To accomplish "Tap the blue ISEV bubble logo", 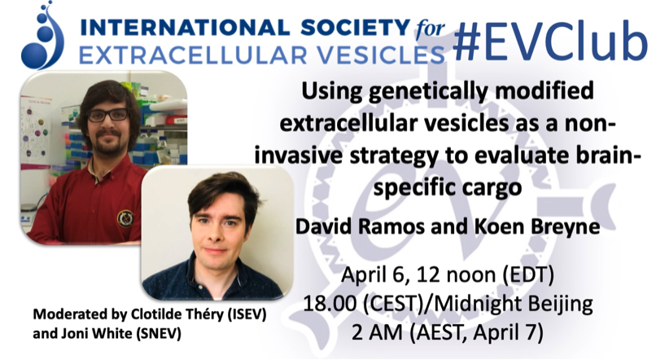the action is (42, 36).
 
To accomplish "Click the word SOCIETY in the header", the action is (355, 28).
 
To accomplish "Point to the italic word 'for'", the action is (430, 29).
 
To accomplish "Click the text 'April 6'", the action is (370, 276).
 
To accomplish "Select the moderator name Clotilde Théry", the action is (177, 314).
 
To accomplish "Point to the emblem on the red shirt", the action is (125, 218).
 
